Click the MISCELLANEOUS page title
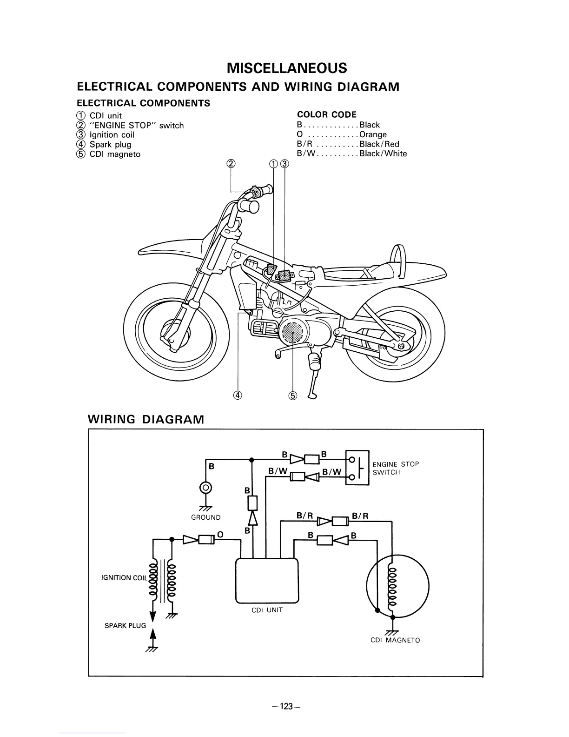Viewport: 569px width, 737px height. [x=287, y=68]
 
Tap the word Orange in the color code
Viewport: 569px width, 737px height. [x=373, y=134]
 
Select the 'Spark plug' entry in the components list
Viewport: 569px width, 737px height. [x=110, y=144]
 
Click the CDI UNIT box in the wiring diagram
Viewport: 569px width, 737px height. [x=267, y=580]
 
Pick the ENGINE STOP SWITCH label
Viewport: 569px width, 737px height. [x=396, y=468]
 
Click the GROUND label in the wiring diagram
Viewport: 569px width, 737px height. [x=206, y=517]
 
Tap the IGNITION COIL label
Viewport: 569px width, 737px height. [x=124, y=578]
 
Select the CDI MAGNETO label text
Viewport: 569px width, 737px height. [x=395, y=640]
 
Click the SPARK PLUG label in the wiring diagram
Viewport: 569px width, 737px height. [x=125, y=626]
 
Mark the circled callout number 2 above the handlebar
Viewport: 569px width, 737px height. [x=231, y=163]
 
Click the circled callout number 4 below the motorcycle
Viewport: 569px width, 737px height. [x=238, y=395]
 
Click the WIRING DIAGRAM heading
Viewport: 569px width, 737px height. [x=146, y=419]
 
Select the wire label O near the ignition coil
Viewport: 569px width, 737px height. [x=220, y=535]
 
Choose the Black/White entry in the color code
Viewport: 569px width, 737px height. [x=383, y=154]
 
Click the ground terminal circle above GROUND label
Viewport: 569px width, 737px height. [x=205, y=488]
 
